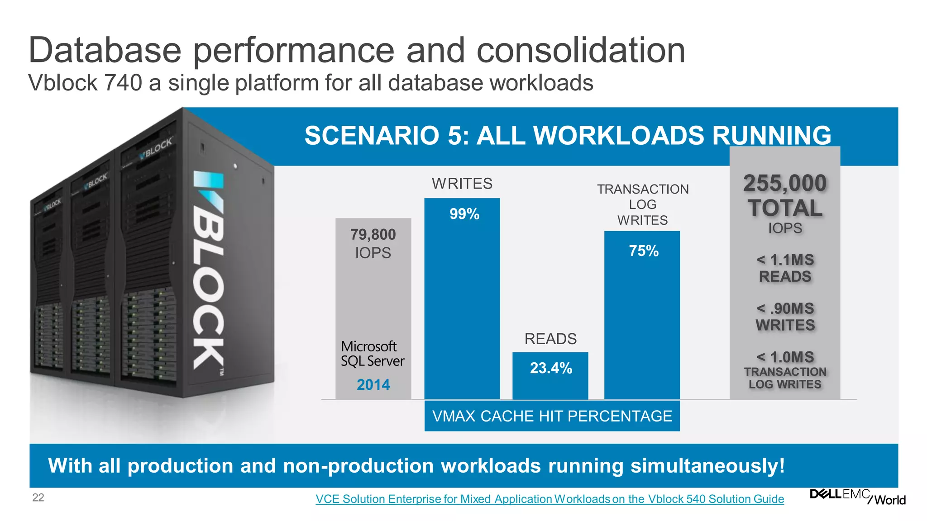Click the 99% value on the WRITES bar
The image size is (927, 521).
464,214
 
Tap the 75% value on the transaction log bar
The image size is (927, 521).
643,251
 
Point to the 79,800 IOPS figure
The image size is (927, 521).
373,243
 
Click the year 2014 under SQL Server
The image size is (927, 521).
373,385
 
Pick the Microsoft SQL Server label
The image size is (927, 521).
372,354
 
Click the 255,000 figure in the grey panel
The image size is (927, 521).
785,184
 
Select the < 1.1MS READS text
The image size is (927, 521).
785,268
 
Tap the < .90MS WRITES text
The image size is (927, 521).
785,317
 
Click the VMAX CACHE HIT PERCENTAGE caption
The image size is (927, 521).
552,416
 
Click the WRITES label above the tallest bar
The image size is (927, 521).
462,184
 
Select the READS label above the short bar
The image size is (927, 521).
550,339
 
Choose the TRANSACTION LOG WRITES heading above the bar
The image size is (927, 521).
642,204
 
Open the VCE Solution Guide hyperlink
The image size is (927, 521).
550,499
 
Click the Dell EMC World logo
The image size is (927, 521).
857,497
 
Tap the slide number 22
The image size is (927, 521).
38,497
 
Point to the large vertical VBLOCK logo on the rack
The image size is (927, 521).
209,271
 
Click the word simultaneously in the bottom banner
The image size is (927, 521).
707,466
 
